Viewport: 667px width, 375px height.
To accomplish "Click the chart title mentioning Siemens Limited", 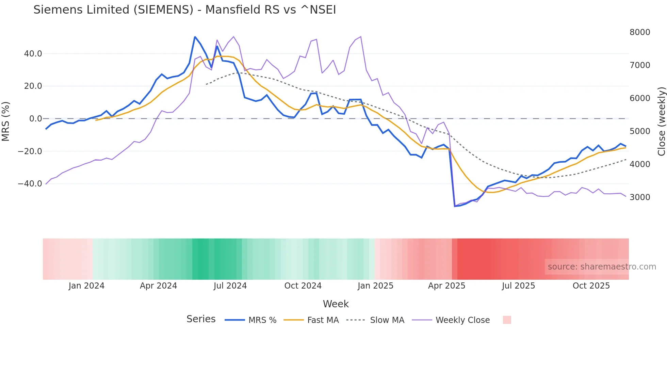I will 184,10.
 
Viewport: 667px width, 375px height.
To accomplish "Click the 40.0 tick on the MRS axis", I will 33,54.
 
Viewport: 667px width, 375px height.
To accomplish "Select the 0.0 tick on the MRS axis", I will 35,119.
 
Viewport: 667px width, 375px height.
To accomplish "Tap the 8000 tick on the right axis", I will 640,32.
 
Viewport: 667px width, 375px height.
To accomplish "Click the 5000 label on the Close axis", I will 640,131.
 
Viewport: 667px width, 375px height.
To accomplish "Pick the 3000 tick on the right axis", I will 640,197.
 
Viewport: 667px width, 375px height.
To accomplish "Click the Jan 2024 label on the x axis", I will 86,286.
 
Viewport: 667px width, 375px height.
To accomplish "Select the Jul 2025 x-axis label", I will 518,286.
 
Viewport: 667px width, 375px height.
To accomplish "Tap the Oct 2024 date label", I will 303,286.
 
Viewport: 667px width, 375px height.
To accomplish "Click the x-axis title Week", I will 336,304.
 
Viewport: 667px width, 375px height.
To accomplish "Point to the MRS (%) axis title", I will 6,121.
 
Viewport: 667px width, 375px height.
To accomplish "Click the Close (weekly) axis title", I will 661,121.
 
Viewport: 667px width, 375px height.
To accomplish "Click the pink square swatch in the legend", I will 507,320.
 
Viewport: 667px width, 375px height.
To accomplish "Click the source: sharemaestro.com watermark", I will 602,267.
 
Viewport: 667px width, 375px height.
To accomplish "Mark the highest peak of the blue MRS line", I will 195,37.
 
